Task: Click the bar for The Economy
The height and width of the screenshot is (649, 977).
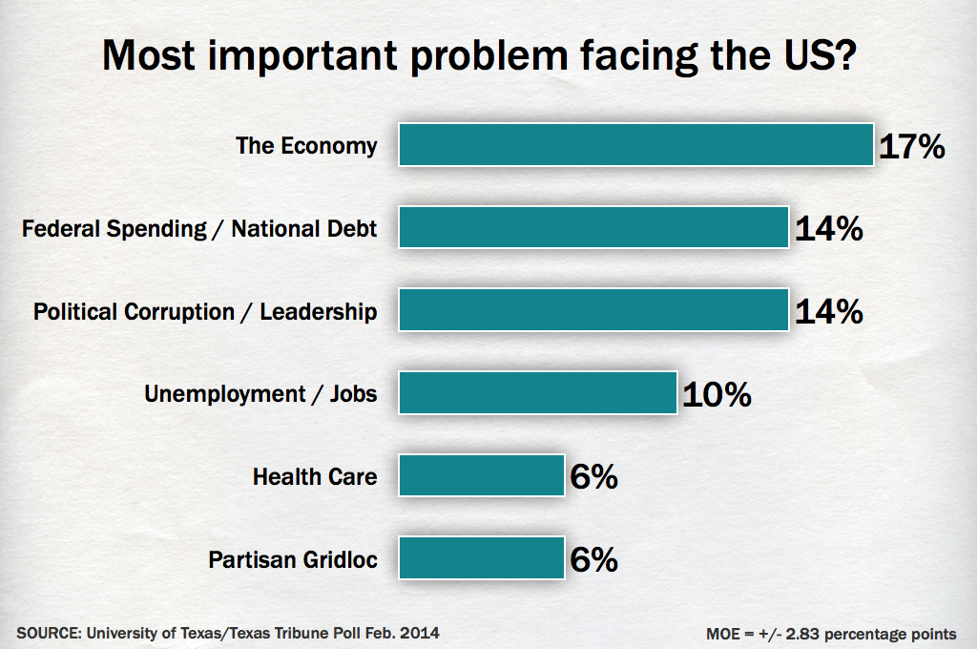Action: [636, 145]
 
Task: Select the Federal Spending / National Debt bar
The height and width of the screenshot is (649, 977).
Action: [593, 228]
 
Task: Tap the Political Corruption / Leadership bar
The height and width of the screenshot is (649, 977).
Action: [593, 310]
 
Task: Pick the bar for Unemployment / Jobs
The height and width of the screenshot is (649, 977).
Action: [538, 393]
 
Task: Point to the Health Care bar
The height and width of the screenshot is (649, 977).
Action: [482, 475]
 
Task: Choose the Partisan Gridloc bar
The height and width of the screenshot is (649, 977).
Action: [482, 558]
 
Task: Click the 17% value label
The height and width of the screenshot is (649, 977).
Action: [911, 147]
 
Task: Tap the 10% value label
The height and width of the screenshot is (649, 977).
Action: [717, 394]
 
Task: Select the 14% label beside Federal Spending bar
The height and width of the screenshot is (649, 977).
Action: [828, 229]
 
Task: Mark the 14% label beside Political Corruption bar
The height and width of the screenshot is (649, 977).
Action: [828, 312]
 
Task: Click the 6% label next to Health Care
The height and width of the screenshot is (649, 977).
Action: [593, 477]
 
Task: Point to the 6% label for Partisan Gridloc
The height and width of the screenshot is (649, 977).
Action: [593, 559]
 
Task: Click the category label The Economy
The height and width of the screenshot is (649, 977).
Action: [306, 146]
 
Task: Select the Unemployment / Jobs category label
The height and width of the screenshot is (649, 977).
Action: [260, 393]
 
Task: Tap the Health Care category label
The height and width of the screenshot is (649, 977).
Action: [315, 476]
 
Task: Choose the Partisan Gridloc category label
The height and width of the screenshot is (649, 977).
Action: [293, 559]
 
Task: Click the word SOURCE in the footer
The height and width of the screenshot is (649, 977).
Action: [45, 632]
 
